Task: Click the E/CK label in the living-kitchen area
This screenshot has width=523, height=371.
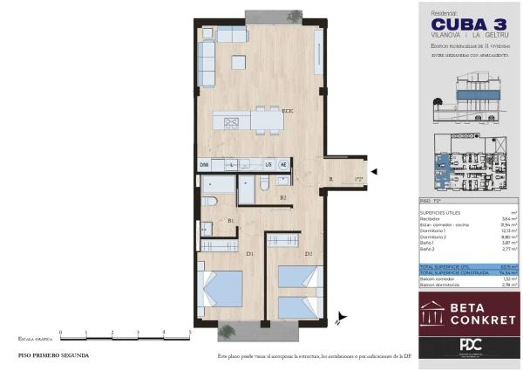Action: click(x=287, y=110)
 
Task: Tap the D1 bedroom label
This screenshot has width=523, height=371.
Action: click(x=249, y=254)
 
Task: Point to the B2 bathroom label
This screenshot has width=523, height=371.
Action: click(x=284, y=198)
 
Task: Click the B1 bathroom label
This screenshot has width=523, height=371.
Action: click(x=231, y=221)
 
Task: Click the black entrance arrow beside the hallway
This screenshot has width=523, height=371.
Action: click(x=375, y=172)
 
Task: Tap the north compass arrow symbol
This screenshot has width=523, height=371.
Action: click(x=343, y=320)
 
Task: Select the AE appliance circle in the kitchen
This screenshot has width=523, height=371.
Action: click(x=283, y=164)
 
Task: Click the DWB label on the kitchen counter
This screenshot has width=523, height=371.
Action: click(x=204, y=164)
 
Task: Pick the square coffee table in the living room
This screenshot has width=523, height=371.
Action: click(x=239, y=62)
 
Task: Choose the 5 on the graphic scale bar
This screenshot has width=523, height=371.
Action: click(x=190, y=333)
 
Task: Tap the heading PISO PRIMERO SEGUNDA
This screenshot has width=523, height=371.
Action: click(x=53, y=356)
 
